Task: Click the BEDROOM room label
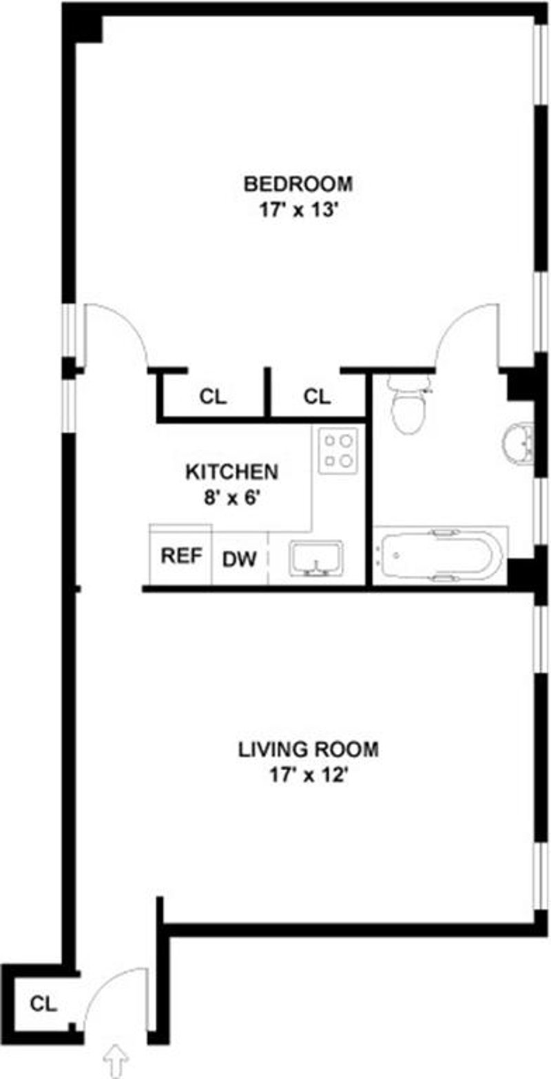point(299,184)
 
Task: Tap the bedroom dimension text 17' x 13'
point(299,209)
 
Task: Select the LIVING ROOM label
point(308,749)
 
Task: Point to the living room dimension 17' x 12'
point(308,775)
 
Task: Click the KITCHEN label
point(232,472)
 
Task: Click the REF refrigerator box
point(181,556)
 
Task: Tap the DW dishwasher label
point(239,559)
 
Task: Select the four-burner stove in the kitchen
point(338,450)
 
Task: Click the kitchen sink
point(316,558)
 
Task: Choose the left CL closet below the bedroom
point(213,397)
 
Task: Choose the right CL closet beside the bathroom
point(318,397)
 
